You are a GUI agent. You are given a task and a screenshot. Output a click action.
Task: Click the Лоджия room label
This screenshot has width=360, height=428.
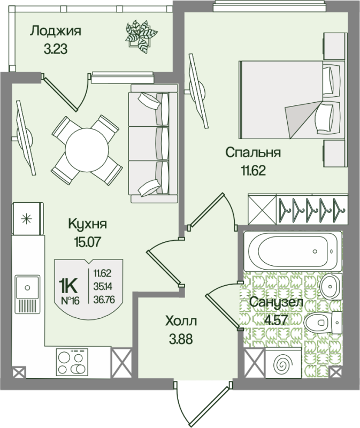pos(55,30)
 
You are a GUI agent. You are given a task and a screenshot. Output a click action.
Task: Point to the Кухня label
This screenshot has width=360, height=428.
pos(88,224)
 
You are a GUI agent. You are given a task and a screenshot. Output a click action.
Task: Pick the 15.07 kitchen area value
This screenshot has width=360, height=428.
pos(88,241)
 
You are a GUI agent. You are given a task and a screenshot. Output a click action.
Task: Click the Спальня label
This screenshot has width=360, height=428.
pos(253,152)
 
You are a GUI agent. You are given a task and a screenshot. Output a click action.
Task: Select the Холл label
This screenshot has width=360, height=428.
pos(181,321)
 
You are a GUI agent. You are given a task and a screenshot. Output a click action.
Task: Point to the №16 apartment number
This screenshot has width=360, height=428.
pos(70,300)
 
